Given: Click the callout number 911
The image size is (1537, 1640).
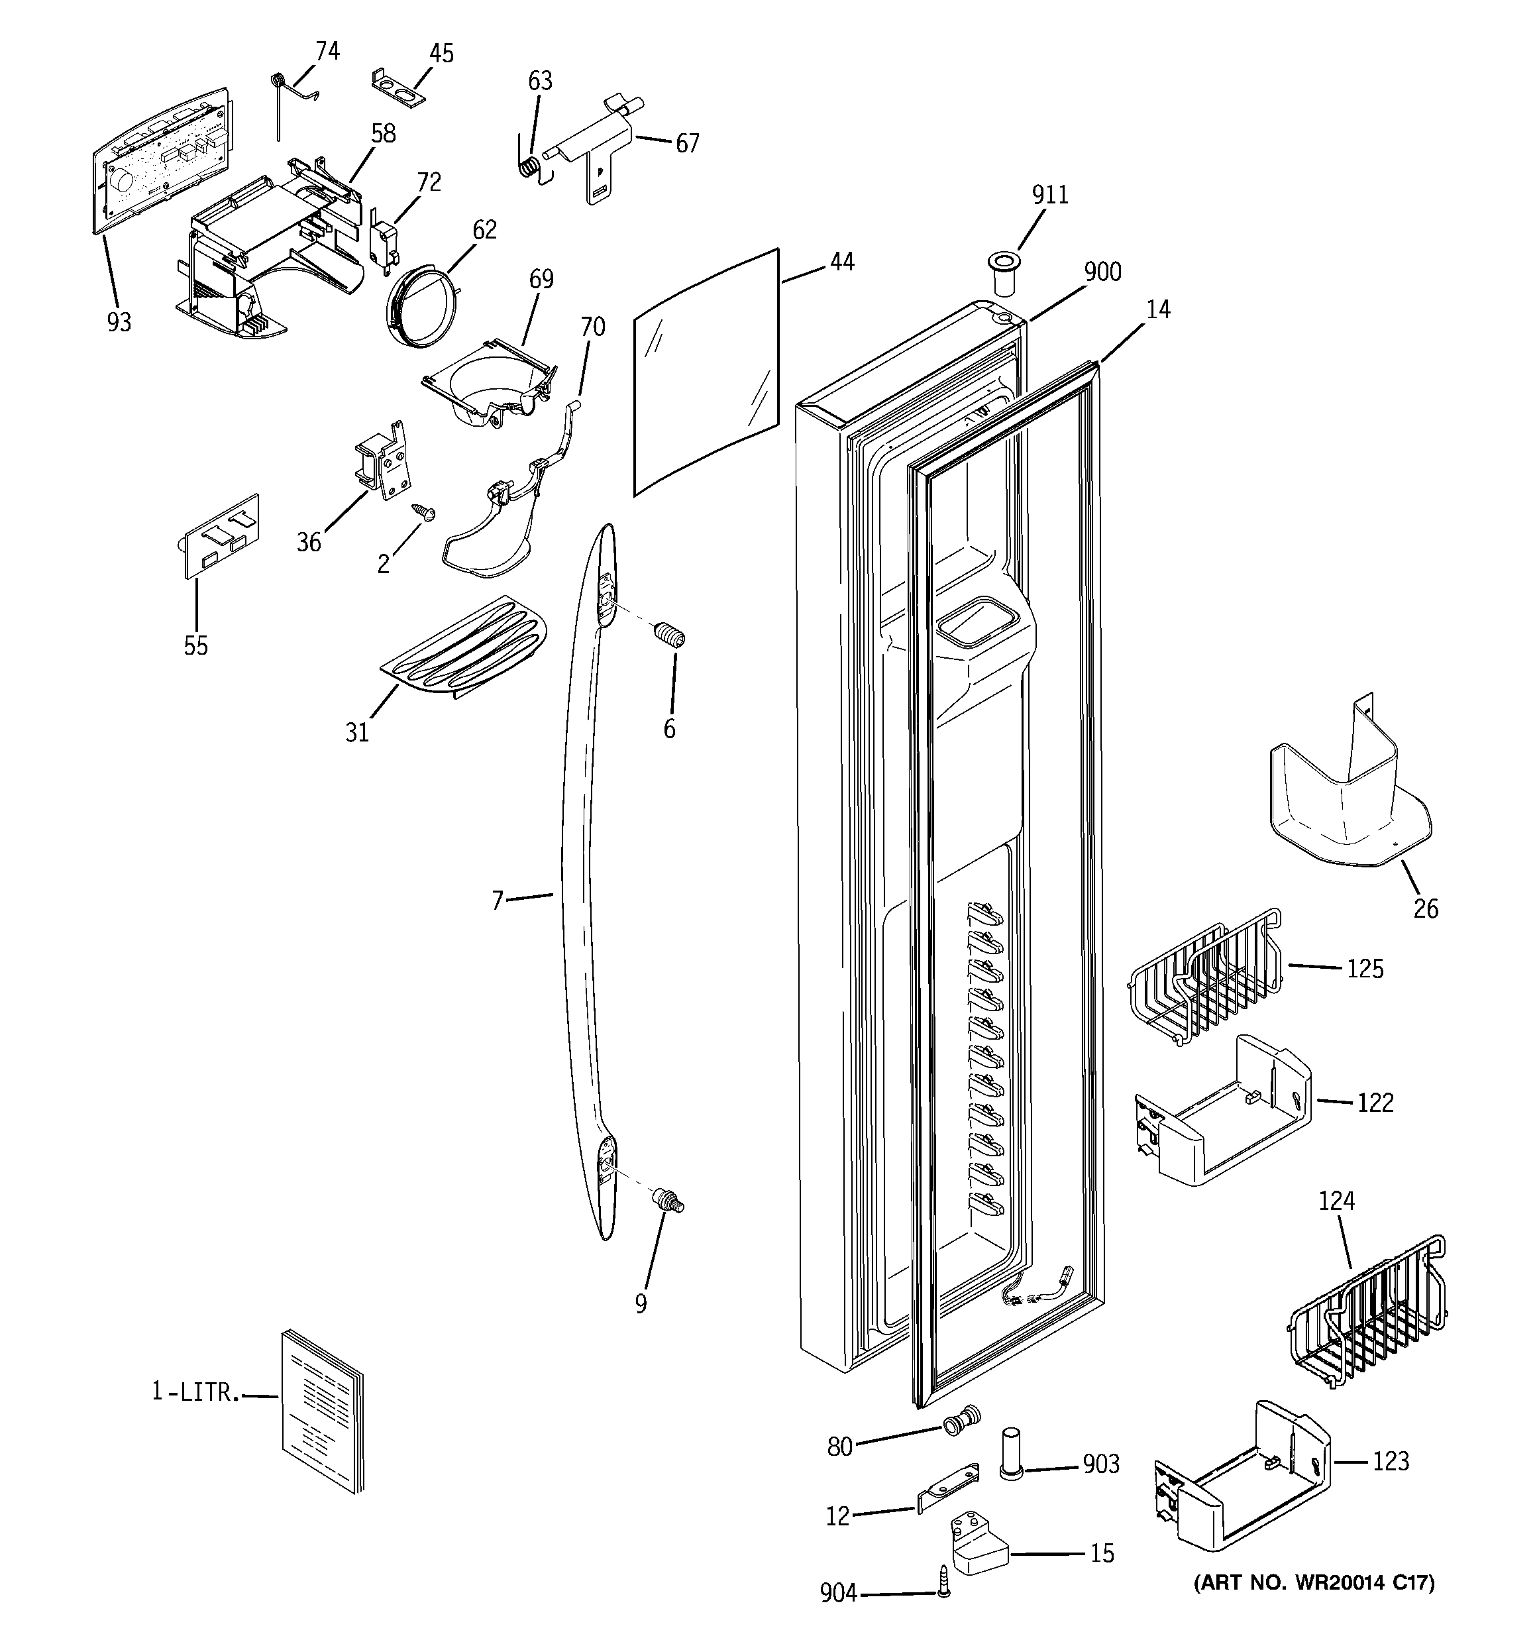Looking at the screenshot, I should point(1049,195).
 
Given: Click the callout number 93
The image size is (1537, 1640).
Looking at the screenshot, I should point(119,323).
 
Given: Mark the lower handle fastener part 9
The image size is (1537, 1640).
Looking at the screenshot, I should point(670,1200).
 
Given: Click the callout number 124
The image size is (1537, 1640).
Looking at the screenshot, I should point(1336,1201).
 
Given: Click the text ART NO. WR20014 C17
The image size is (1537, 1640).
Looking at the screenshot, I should point(1314,1583).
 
